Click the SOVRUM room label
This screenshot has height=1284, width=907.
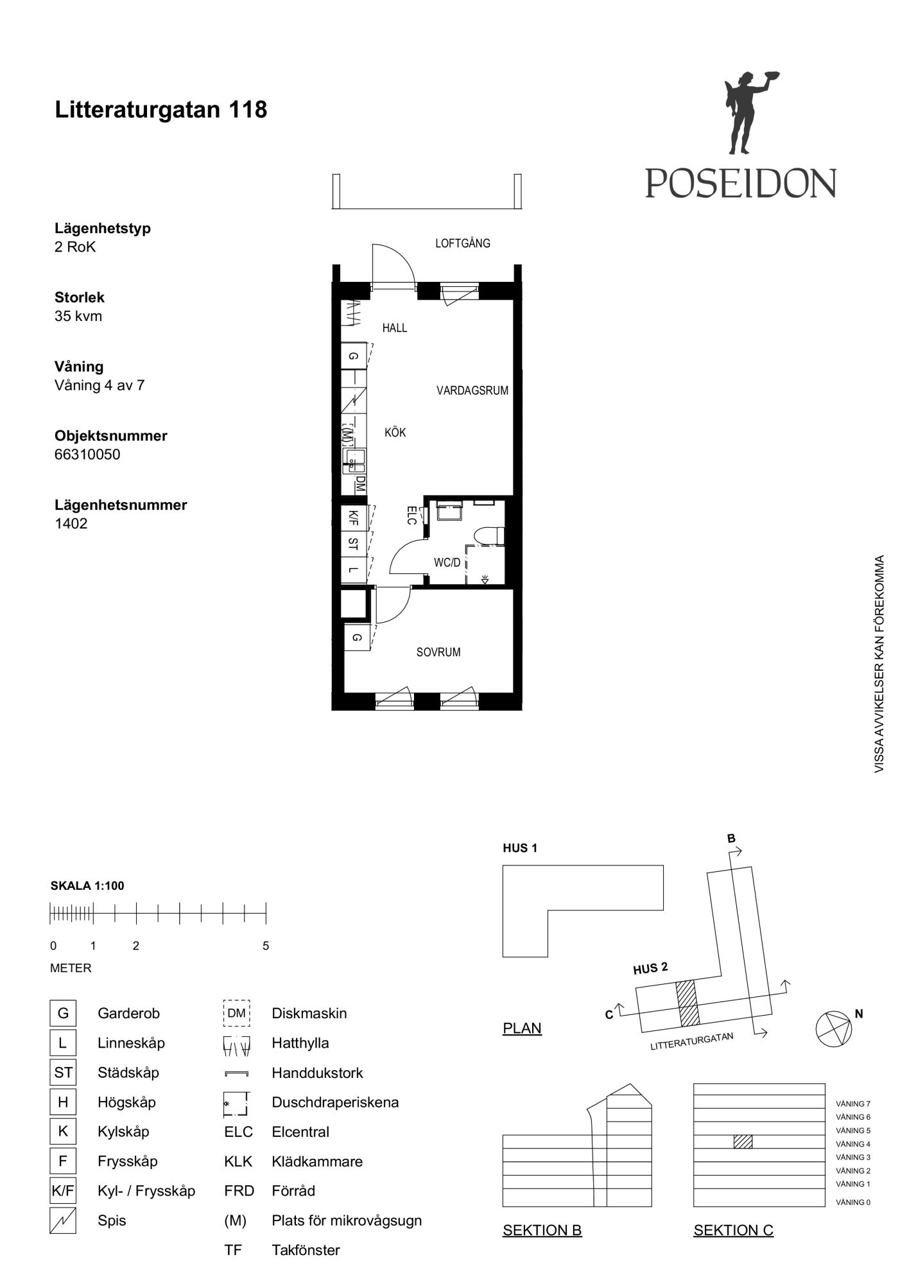[x=438, y=652]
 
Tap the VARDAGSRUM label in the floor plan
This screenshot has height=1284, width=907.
[x=472, y=390]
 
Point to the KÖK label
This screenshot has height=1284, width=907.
[x=395, y=433]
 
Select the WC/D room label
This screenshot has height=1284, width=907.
[x=447, y=563]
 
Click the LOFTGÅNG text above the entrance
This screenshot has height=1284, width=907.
[x=463, y=243]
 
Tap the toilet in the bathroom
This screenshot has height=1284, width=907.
[x=489, y=536]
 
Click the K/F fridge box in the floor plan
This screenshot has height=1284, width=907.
[x=354, y=517]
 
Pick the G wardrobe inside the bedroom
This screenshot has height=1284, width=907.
[x=357, y=638]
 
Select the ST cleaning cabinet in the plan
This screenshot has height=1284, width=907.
[x=354, y=544]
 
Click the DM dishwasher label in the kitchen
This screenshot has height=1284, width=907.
[x=360, y=483]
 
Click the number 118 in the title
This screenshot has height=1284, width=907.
[x=248, y=110]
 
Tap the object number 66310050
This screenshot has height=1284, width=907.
[x=87, y=455]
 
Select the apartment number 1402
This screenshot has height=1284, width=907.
[x=71, y=523]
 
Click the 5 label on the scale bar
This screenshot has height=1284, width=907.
[x=266, y=946]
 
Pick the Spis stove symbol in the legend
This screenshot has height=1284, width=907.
[x=63, y=1220]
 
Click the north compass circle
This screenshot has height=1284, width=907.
[x=834, y=1029]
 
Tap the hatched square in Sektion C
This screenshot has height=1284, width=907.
[x=743, y=1141]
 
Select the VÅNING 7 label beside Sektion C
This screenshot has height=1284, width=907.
[x=853, y=1104]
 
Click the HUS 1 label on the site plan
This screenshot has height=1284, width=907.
[x=520, y=848]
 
